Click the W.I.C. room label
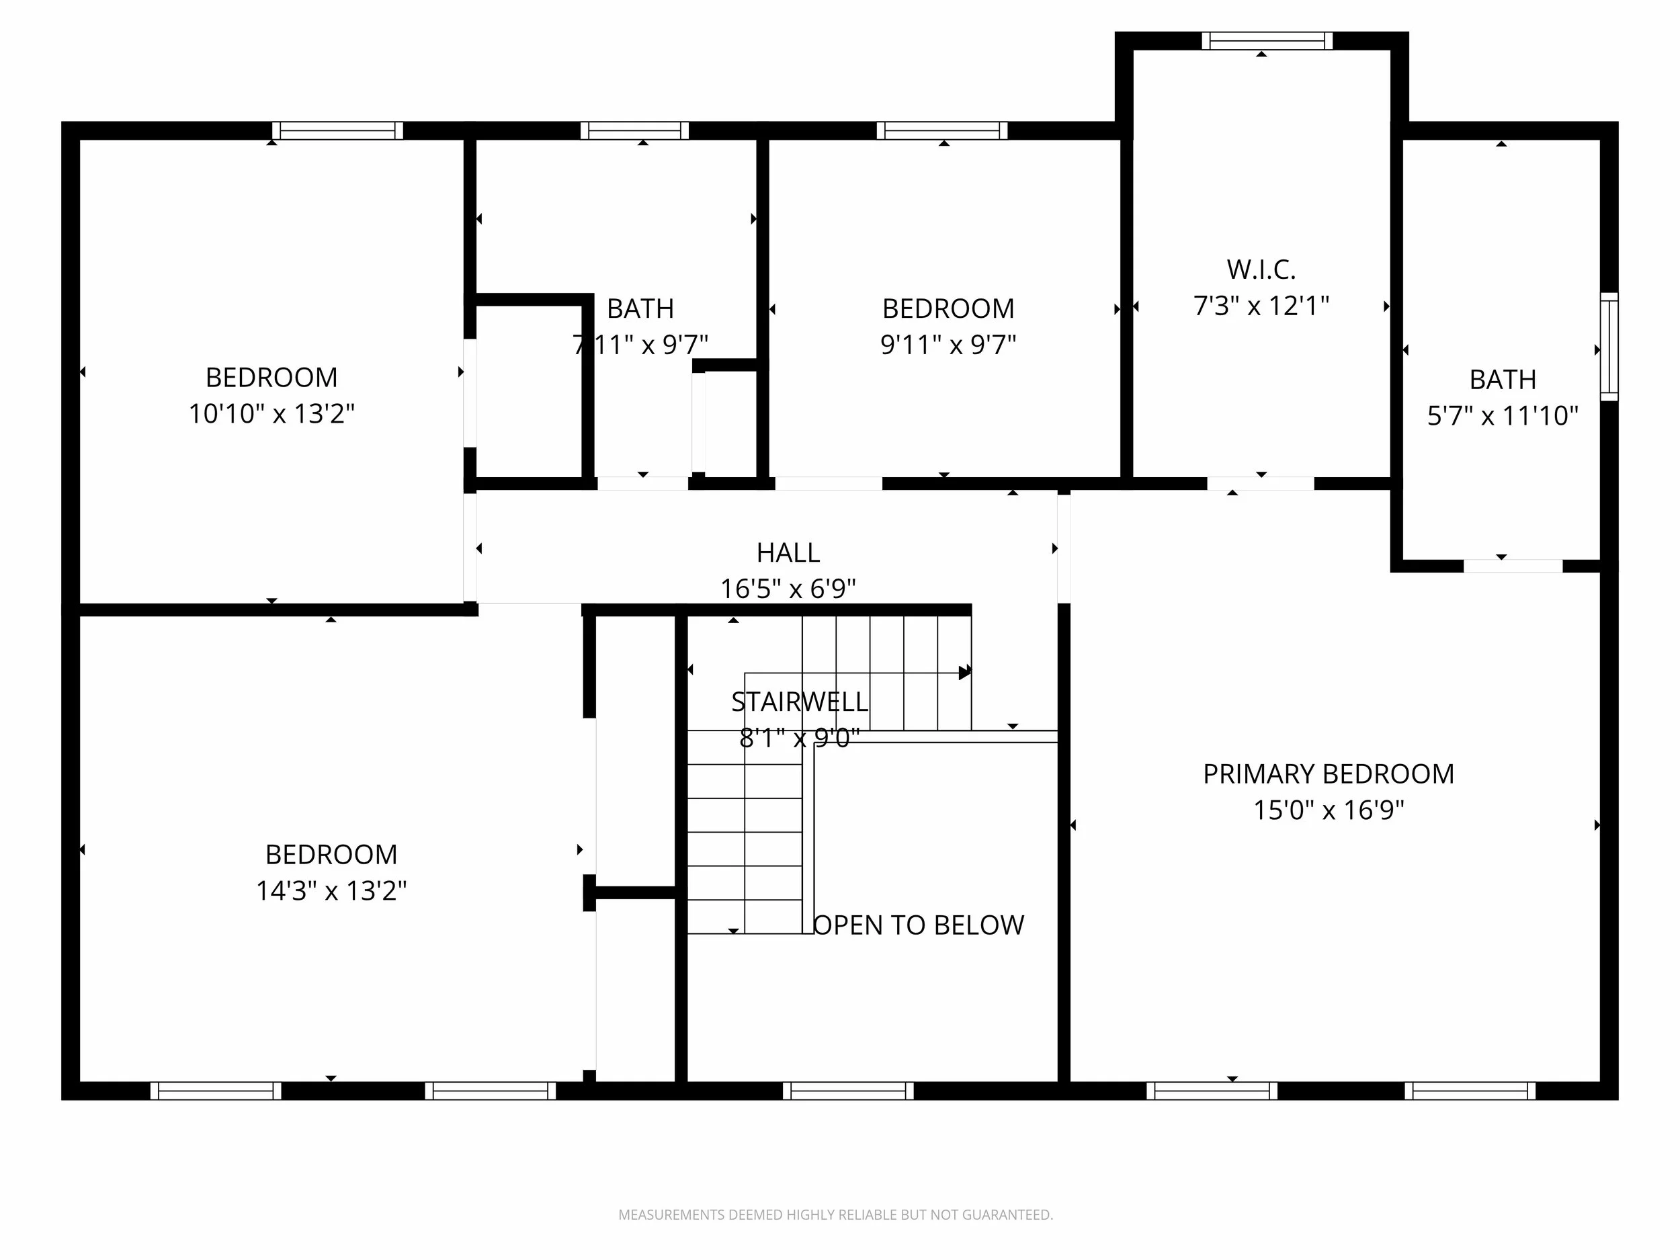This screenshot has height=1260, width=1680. pyautogui.click(x=1261, y=269)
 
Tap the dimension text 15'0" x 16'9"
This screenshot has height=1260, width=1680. pyautogui.click(x=1329, y=810)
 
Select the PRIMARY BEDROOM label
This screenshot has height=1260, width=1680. pyautogui.click(x=1329, y=774)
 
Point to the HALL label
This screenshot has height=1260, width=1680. pyautogui.click(x=788, y=552)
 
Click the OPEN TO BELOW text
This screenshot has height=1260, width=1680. pyautogui.click(x=919, y=925)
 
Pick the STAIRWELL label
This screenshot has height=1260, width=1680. pyautogui.click(x=800, y=702)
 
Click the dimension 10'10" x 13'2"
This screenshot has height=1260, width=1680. pyautogui.click(x=272, y=413)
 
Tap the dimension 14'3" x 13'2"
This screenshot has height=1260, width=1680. pyautogui.click(x=331, y=890)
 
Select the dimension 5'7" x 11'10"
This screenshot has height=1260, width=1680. pyautogui.click(x=1503, y=415)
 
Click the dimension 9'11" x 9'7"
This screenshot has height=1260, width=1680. pyautogui.click(x=948, y=344)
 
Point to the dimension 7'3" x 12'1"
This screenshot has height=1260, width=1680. pyautogui.click(x=1261, y=305)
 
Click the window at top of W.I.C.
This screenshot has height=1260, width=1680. pyautogui.click(x=1267, y=41)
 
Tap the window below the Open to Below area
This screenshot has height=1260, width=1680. pyautogui.click(x=848, y=1091)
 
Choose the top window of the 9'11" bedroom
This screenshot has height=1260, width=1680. pyautogui.click(x=943, y=130)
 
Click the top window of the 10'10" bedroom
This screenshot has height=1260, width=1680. pyautogui.click(x=338, y=130)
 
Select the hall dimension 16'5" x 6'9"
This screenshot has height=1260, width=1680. pyautogui.click(x=788, y=588)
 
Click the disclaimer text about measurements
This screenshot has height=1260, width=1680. pyautogui.click(x=835, y=1214)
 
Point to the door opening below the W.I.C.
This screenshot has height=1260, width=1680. pyautogui.click(x=1261, y=484)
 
